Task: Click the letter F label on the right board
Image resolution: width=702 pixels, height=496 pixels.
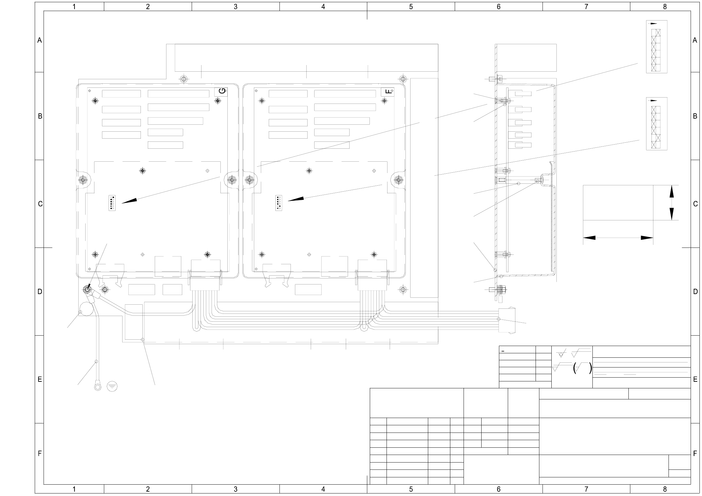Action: point(388,92)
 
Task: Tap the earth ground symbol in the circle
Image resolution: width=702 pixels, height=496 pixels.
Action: point(112,386)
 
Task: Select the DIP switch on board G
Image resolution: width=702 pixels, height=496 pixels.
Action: point(112,203)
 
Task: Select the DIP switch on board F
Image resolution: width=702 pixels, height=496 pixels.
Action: point(279,203)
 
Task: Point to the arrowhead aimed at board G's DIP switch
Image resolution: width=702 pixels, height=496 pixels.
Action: point(129,201)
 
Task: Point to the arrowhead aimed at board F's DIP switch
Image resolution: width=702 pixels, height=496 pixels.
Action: point(296,199)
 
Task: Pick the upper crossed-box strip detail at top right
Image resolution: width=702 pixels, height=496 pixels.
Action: point(656,47)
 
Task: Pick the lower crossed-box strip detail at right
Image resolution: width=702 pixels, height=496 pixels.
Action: point(656,124)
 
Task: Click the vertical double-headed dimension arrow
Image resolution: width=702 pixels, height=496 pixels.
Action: point(672,202)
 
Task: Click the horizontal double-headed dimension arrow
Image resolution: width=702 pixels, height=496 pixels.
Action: point(618,238)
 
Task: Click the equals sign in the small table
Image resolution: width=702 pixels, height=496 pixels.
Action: point(503,351)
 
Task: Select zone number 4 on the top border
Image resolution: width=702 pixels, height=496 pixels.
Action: point(323,7)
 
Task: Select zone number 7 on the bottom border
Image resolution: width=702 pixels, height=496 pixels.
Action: point(586,489)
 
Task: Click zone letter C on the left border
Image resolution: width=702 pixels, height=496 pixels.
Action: point(40,204)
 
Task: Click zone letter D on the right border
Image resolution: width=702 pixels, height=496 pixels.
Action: point(695,292)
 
